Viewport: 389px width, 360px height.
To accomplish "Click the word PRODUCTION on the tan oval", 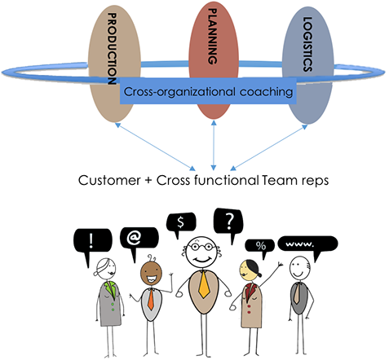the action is (x=112, y=49).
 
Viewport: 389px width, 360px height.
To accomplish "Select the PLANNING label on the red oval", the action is (x=212, y=36).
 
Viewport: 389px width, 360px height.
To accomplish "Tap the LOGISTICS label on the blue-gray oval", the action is (x=307, y=44).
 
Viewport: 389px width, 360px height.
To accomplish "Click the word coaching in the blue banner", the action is (x=266, y=92).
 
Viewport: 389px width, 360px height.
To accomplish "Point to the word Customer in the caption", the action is (x=109, y=180).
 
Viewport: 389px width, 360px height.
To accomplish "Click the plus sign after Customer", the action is (x=148, y=180).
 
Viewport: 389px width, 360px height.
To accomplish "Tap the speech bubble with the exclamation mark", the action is (x=92, y=244).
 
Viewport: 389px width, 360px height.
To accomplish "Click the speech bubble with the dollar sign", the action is (x=181, y=223).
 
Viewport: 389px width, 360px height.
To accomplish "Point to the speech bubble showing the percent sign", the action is (x=260, y=248).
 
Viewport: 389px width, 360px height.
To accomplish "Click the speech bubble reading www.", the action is (x=307, y=246).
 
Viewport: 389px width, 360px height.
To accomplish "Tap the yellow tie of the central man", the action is (x=204, y=285).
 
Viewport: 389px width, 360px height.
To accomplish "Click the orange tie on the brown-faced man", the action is (x=151, y=300).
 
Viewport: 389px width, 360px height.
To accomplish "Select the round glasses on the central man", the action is (x=201, y=247).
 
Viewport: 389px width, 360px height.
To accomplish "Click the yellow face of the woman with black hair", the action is (x=247, y=270).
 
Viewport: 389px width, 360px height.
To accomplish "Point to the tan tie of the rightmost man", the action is (x=297, y=293).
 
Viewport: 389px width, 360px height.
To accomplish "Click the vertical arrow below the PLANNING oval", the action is (x=214, y=145).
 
